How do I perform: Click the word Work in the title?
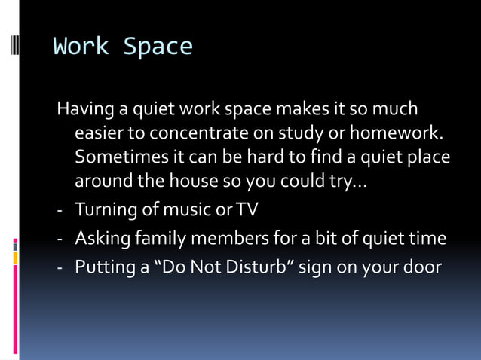81,47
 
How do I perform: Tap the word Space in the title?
158,47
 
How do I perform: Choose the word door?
424,267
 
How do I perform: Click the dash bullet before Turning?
60,210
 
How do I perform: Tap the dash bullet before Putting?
60,268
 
